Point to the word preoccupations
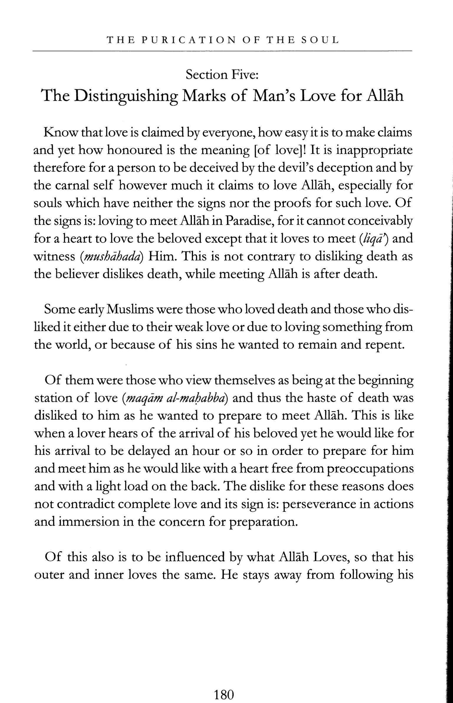(370, 469)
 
